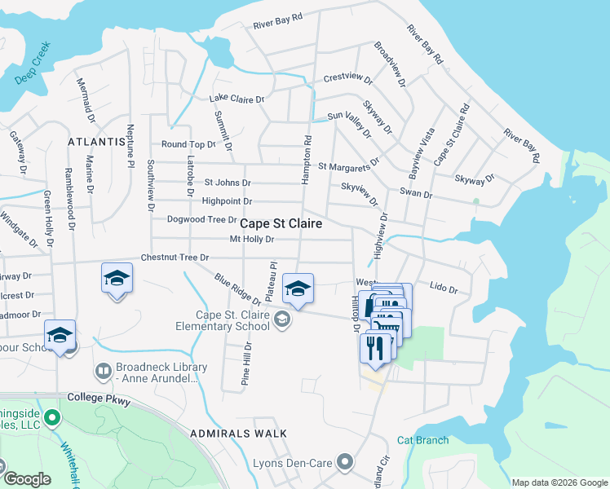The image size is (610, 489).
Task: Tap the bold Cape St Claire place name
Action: (280, 223)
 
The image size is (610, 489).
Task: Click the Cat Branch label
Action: (422, 440)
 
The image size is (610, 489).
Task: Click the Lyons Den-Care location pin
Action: (345, 462)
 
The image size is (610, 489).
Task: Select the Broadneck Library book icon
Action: (103, 372)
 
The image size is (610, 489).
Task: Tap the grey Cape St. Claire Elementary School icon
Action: (282, 319)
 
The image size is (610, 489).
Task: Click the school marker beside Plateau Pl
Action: (298, 289)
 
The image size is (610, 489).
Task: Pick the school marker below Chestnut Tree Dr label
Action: (117, 279)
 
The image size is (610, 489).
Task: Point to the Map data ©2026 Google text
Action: (559, 482)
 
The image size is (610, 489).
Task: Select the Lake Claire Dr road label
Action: (237, 99)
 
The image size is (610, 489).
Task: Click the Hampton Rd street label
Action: (307, 158)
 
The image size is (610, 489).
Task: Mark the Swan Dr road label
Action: (416, 192)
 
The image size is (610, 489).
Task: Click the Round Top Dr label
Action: (188, 144)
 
